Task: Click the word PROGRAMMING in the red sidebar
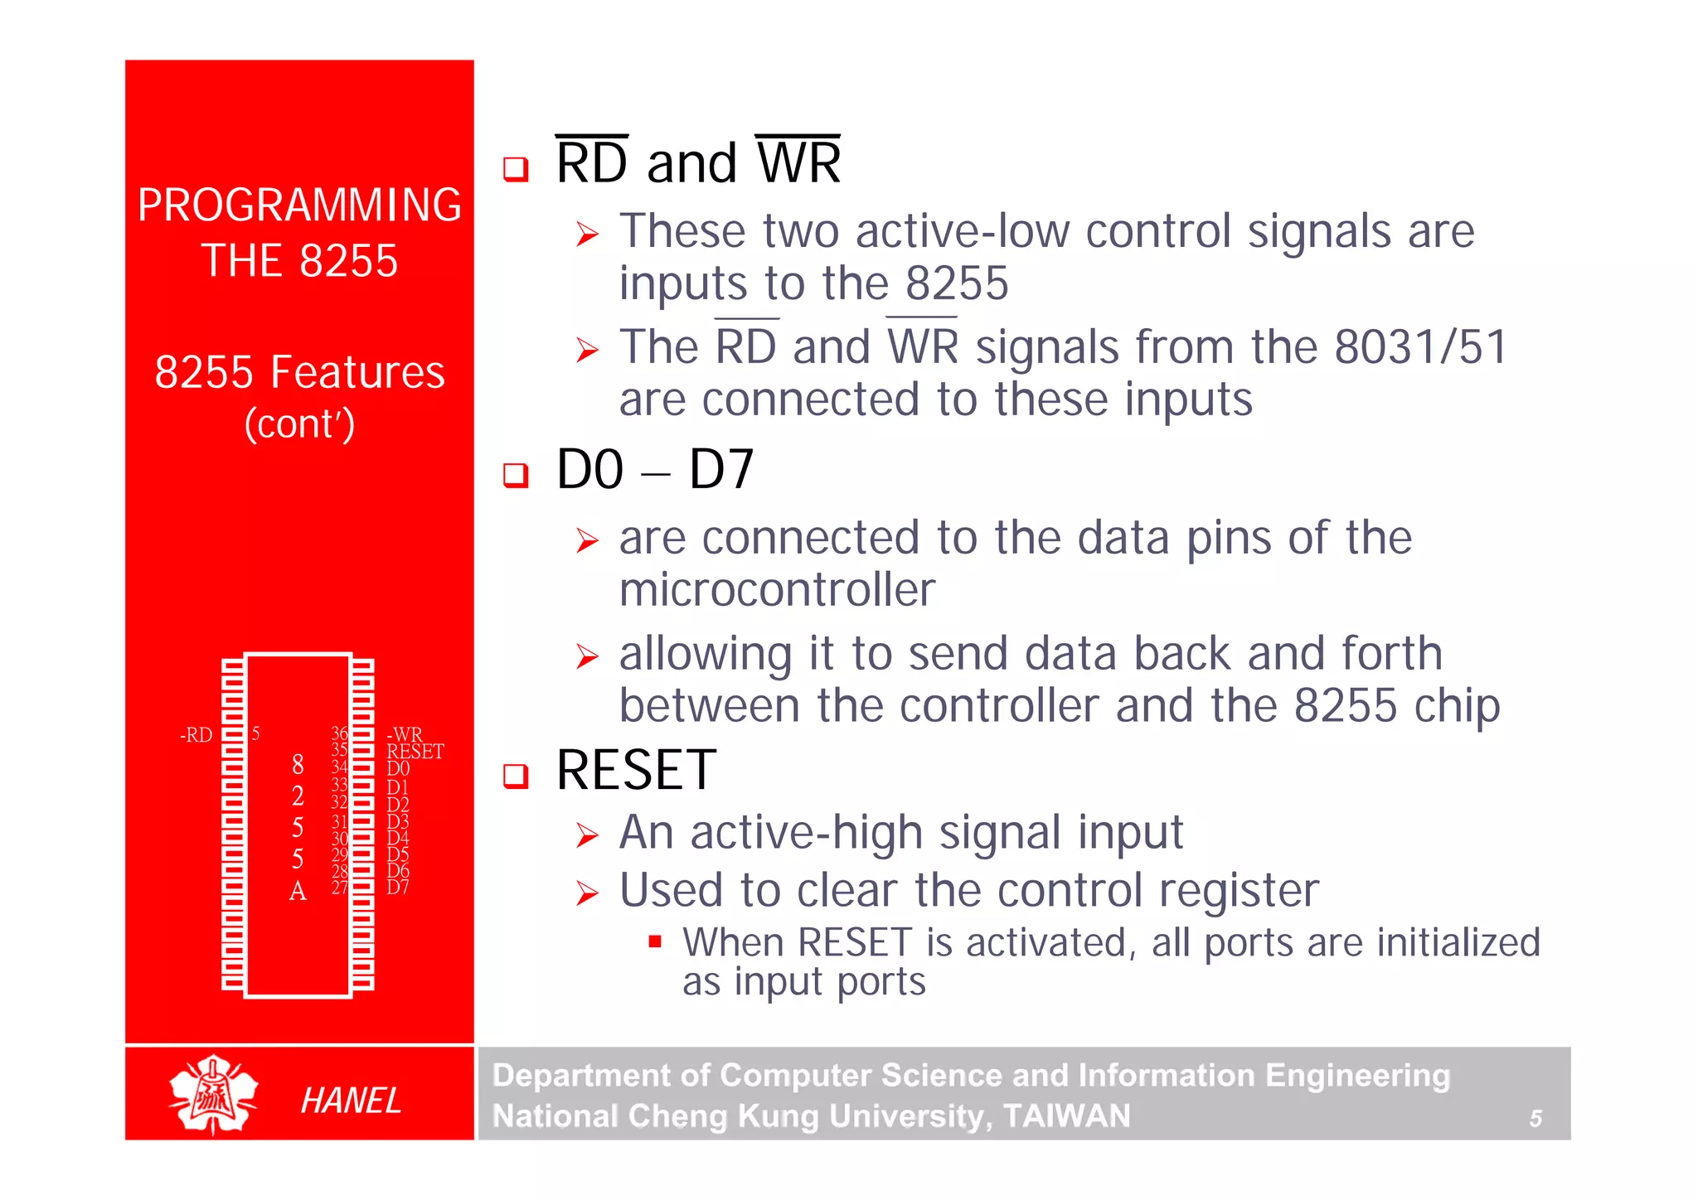point(299,205)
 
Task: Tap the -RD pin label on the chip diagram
point(196,735)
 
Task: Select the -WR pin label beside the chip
point(405,734)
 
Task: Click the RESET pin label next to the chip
point(415,752)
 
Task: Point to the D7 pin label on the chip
point(397,887)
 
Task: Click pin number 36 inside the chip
point(339,733)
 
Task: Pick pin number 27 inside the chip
point(339,888)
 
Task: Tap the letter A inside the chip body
point(298,891)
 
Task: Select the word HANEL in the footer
point(351,1101)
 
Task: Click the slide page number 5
point(1535,1119)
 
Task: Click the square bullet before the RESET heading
point(516,777)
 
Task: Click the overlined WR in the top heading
point(798,162)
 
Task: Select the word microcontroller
point(777,590)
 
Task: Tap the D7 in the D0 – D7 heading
point(720,470)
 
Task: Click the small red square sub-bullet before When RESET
point(655,941)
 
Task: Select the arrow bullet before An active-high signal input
point(587,835)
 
